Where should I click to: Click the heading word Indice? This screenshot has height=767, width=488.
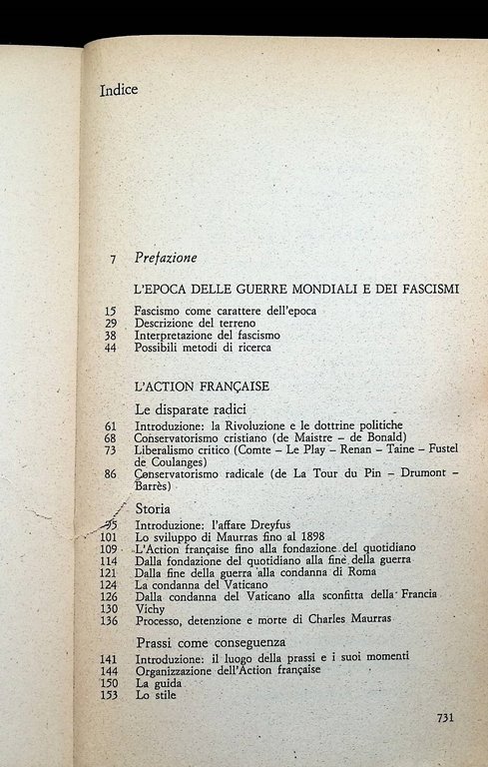click(119, 90)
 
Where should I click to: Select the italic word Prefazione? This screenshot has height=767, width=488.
click(166, 258)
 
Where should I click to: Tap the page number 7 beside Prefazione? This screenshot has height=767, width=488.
click(113, 259)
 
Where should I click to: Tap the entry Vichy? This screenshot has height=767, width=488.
click(149, 607)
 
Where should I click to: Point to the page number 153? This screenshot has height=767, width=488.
click(110, 695)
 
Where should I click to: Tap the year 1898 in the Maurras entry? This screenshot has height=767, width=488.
click(279, 536)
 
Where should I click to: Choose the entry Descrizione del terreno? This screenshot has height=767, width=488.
click(195, 324)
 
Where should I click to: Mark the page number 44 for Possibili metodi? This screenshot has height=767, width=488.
click(110, 348)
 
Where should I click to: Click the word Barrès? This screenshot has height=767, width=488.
click(152, 487)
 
